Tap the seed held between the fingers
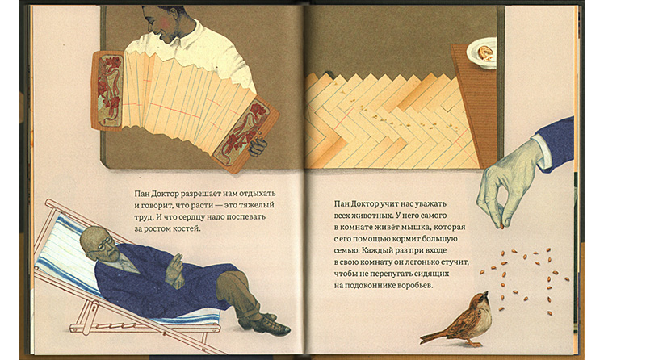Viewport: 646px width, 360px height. click(x=501, y=226)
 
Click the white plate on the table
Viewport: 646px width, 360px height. click(x=482, y=52)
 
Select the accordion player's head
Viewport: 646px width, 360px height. click(x=164, y=23)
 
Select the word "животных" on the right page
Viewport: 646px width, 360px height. click(x=371, y=216)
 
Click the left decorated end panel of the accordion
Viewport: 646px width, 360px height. click(x=108, y=90)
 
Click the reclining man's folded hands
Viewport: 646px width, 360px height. click(x=175, y=271)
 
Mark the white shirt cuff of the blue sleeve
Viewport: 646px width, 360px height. click(x=542, y=153)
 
